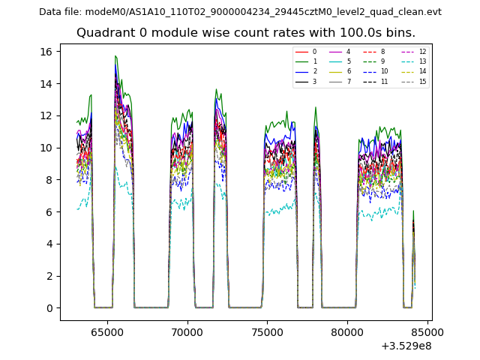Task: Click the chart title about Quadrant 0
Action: (x=245, y=33)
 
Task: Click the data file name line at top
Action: (x=240, y=12)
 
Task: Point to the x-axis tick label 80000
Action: (x=347, y=331)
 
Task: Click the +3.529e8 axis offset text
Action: (x=406, y=346)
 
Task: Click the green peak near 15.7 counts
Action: (x=115, y=56)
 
